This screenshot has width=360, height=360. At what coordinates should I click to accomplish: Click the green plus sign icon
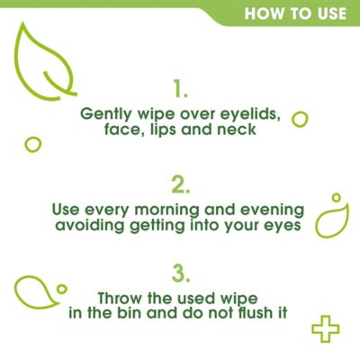point(324,328)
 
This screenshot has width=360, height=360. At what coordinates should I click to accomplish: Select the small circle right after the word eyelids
point(300,120)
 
